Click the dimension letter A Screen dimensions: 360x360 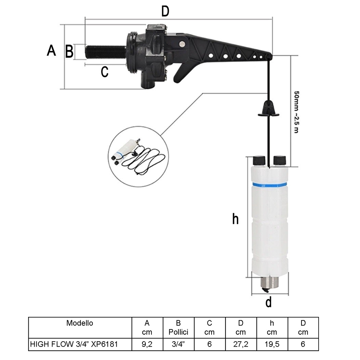(51, 51)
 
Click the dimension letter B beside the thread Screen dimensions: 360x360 (69, 52)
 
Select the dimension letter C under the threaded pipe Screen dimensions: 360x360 (105, 72)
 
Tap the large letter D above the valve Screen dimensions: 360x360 (165, 11)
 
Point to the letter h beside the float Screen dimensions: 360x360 (235, 219)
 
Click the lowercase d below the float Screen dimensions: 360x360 (269, 302)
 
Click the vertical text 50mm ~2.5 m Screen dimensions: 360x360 (296, 112)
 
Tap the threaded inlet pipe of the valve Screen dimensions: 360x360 (105, 52)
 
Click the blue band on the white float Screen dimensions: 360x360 (269, 185)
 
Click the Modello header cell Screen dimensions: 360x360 (80, 327)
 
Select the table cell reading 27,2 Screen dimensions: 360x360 (241, 344)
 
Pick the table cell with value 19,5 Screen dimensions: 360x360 (272, 344)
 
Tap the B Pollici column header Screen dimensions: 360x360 (178, 327)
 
